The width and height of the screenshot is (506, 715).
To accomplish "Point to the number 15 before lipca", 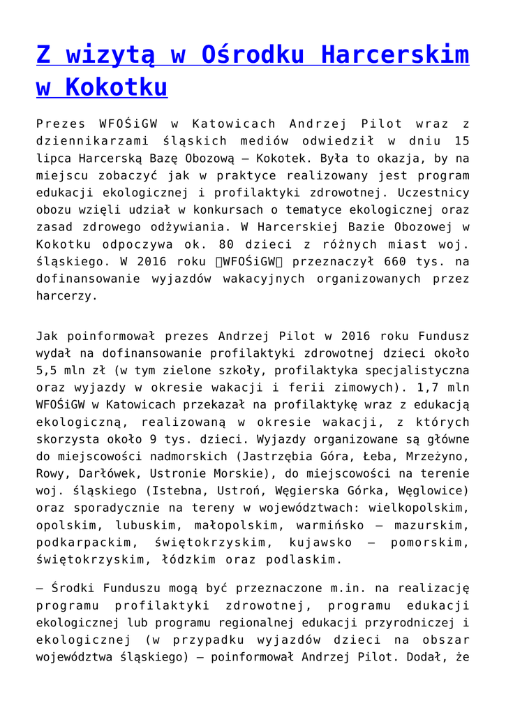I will tap(461, 141).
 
